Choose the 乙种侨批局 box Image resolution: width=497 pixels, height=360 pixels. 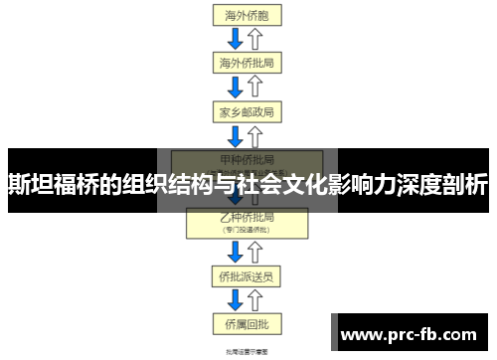[247, 221]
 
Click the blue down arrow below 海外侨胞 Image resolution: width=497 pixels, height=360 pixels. [236, 38]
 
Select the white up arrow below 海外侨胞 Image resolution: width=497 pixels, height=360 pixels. [255, 38]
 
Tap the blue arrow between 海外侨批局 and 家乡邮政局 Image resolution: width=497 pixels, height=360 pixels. [236, 86]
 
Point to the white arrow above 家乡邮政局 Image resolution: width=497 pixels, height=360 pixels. [255, 86]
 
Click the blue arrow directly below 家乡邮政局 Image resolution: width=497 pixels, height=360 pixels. [236, 134]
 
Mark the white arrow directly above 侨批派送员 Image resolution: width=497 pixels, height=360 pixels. [255, 250]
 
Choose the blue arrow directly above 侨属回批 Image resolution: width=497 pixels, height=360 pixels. [236, 297]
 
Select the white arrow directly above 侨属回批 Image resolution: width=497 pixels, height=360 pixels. [255, 297]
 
